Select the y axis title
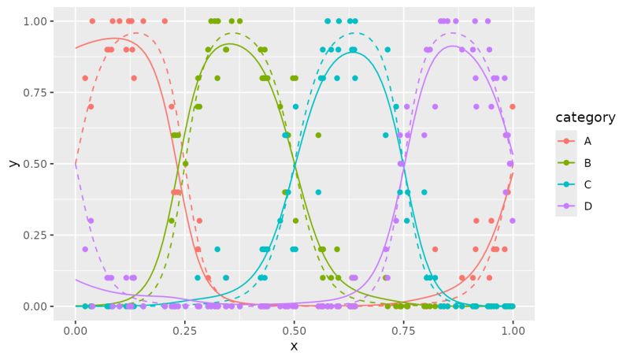click(x=13, y=163)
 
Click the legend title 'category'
click(x=585, y=117)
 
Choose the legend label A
click(x=587, y=141)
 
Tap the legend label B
click(x=587, y=163)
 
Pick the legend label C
click(x=587, y=184)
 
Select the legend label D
click(x=587, y=206)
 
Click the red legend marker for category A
click(x=566, y=141)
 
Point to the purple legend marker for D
click(x=566, y=206)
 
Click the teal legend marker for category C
click(x=566, y=184)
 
